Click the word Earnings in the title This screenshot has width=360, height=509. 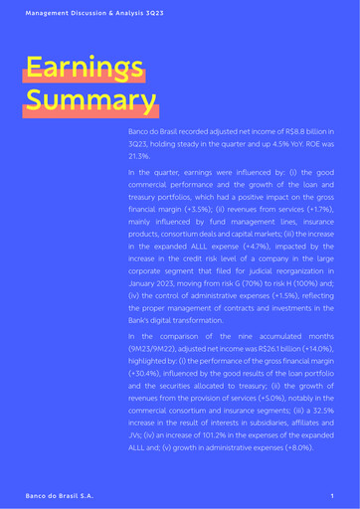[x=85, y=67]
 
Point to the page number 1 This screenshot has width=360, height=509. [x=331, y=494]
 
